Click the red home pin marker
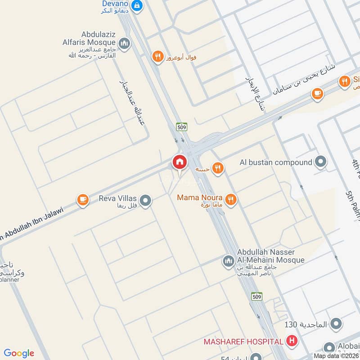coord(180,162)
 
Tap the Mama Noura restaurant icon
coord(231,199)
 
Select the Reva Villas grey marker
coord(145,201)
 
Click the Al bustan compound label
coord(276,162)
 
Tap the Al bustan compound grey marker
coord(321,162)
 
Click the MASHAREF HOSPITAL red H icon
coord(292,342)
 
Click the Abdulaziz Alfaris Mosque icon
coord(125,44)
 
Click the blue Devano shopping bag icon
coord(138,5)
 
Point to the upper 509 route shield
coord(182,127)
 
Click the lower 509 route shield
coord(256,296)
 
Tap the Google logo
coord(19,353)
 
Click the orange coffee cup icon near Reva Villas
coord(83,199)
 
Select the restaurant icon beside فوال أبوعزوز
coord(157,57)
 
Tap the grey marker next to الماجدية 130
coord(336,324)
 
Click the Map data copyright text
coord(335,355)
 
